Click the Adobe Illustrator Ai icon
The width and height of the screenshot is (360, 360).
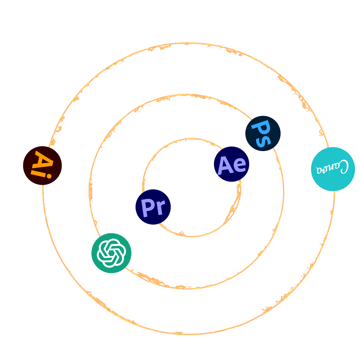tap(42, 165)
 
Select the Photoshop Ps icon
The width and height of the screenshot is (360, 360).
tap(263, 133)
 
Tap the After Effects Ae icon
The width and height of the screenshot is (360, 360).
tap(231, 164)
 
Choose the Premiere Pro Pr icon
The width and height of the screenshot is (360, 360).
tap(153, 207)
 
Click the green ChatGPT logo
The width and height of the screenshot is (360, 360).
tap(111, 253)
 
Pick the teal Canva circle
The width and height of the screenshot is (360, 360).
tap(333, 169)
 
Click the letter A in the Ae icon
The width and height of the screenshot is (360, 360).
tap(225, 165)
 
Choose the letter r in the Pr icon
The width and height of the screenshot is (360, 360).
tap(160, 209)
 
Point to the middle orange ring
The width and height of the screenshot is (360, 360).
tap(187, 286)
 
